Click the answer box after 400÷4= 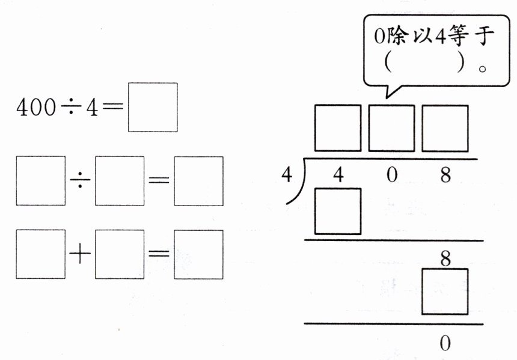pos(153,108)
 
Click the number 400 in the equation pos(36,108)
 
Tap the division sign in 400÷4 pos(70,108)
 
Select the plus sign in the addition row pos(80,254)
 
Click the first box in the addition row pos(40,254)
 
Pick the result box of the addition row pos(198,254)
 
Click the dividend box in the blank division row pos(40,181)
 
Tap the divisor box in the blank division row pos(120,181)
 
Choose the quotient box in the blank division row pos(198,181)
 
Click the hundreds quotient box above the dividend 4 pos(338,128)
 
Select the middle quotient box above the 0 pos(391,128)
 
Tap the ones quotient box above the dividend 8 pos(445,128)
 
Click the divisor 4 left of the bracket pos(287,174)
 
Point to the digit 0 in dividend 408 pos(392,175)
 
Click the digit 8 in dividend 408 pos(445,175)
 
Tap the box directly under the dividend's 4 pos(338,211)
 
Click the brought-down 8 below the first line pos(445,258)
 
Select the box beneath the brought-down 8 pos(445,291)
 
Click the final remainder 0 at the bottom pos(445,343)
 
